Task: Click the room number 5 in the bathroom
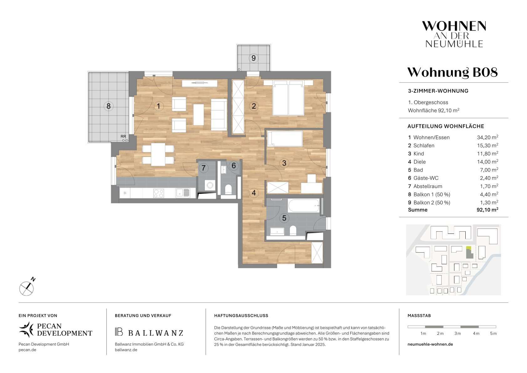pos(284,218)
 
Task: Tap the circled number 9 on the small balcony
pos(253,58)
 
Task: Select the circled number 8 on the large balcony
pos(109,106)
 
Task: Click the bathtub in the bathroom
pos(304,206)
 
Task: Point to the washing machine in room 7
pos(210,185)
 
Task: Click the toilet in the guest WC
pos(228,190)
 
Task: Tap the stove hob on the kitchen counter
pos(158,193)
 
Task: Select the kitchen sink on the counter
pos(183,193)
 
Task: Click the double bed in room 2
pos(288,98)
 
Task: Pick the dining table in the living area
pos(158,154)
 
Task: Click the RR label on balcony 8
pos(123,136)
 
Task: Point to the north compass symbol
pos(27,288)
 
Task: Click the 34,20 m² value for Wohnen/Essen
pos(488,137)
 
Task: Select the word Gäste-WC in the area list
pos(426,178)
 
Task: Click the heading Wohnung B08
pos(453,72)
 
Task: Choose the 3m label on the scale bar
pos(457,334)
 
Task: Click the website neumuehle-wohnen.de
pos(430,344)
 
